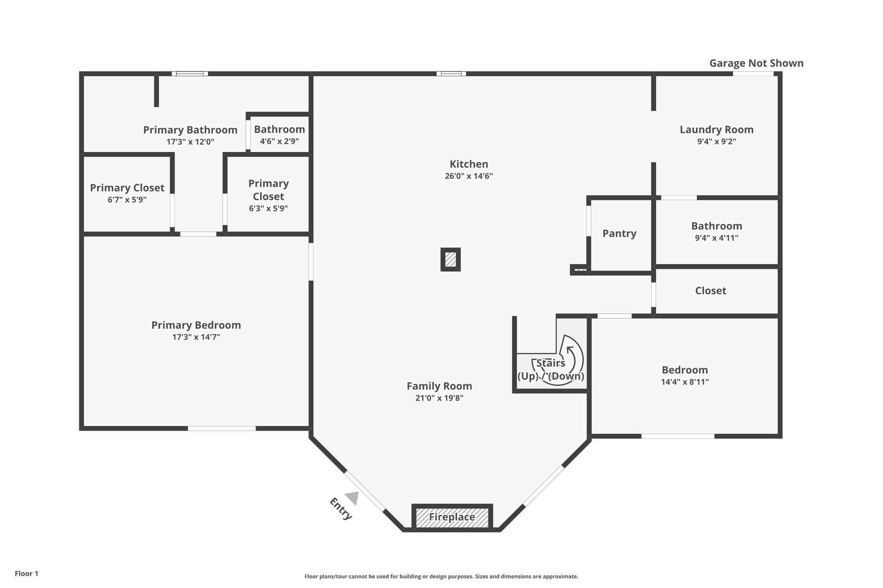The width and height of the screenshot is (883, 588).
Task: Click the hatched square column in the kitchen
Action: (451, 259)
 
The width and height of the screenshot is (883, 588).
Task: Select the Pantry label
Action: (619, 233)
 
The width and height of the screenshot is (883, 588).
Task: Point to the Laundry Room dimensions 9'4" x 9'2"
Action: (716, 141)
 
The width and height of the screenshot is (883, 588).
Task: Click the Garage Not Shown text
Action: (756, 63)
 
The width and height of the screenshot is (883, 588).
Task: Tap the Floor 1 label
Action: (26, 573)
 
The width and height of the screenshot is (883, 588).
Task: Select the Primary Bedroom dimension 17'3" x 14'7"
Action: (196, 337)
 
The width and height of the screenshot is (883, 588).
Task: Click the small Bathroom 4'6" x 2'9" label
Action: (279, 130)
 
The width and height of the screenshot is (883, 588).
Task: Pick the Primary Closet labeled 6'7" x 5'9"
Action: (127, 188)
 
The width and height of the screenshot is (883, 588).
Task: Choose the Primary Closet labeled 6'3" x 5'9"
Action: (268, 190)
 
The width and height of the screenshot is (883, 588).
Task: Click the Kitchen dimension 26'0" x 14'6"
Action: (469, 176)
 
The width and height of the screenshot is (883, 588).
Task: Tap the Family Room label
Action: (439, 386)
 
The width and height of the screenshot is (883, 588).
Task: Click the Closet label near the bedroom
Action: (711, 291)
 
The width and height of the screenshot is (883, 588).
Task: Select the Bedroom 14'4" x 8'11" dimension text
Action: (685, 382)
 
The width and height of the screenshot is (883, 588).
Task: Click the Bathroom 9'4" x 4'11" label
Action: (717, 226)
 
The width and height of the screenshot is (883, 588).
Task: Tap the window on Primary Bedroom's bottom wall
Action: (222, 428)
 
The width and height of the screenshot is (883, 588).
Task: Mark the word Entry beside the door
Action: (341, 509)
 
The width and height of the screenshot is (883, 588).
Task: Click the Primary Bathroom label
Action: (190, 130)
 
